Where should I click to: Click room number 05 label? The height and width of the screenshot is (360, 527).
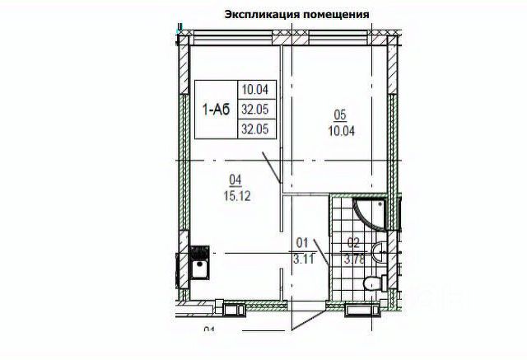point(339,115)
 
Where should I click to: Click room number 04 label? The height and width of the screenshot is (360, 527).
point(234,176)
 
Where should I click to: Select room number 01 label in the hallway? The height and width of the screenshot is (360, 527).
point(301,242)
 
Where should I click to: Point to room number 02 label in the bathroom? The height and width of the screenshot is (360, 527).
point(352,242)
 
